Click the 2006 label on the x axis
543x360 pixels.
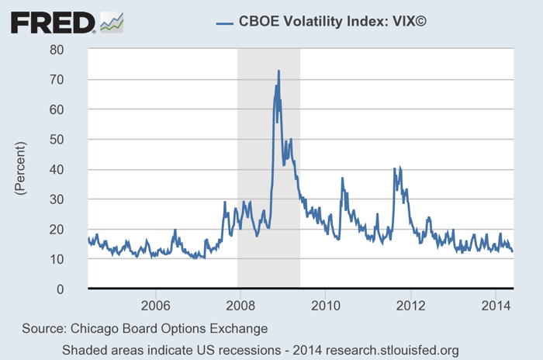click(155, 303)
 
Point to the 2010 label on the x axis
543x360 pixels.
click(325, 303)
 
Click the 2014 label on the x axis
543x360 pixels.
click(495, 303)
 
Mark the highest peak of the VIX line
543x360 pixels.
click(278, 71)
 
